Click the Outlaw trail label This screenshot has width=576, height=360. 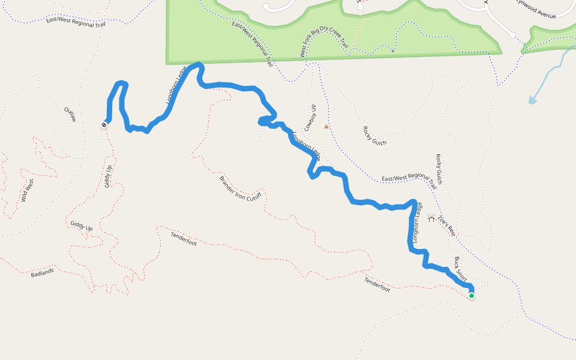(70, 114)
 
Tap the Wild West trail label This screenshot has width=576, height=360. (28, 190)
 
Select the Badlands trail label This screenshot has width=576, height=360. (42, 272)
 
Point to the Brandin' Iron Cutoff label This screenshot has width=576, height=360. (240, 188)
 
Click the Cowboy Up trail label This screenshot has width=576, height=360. (310, 118)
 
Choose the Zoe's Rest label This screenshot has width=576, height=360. (447, 226)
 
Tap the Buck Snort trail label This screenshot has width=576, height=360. (460, 269)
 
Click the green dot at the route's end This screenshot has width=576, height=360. (472, 295)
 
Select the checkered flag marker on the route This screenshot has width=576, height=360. (104, 125)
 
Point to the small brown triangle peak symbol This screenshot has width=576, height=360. (326, 127)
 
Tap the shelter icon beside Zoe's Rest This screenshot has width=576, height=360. (431, 219)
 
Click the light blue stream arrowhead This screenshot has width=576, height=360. (532, 100)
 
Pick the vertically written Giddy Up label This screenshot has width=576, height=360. (109, 176)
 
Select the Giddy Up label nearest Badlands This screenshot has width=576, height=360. (81, 226)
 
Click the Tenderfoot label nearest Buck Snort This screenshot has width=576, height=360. (377, 284)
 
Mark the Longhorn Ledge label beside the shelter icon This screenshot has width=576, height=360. (416, 221)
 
